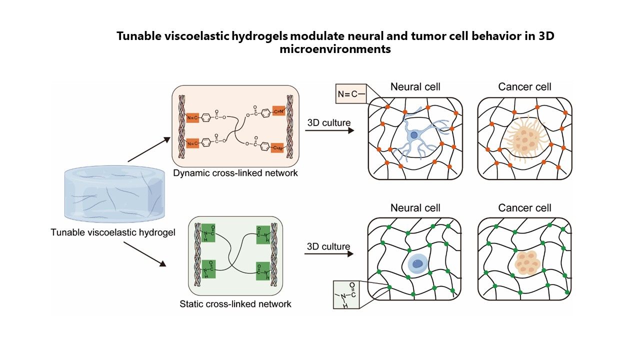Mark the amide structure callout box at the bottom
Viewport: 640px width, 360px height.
click(349, 295)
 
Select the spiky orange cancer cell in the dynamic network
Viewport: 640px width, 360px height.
click(523, 139)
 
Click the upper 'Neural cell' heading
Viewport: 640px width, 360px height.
click(415, 86)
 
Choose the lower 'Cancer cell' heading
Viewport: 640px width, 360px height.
click(524, 207)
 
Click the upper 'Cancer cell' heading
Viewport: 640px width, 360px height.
click(524, 86)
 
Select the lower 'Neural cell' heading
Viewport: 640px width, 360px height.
click(415, 207)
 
